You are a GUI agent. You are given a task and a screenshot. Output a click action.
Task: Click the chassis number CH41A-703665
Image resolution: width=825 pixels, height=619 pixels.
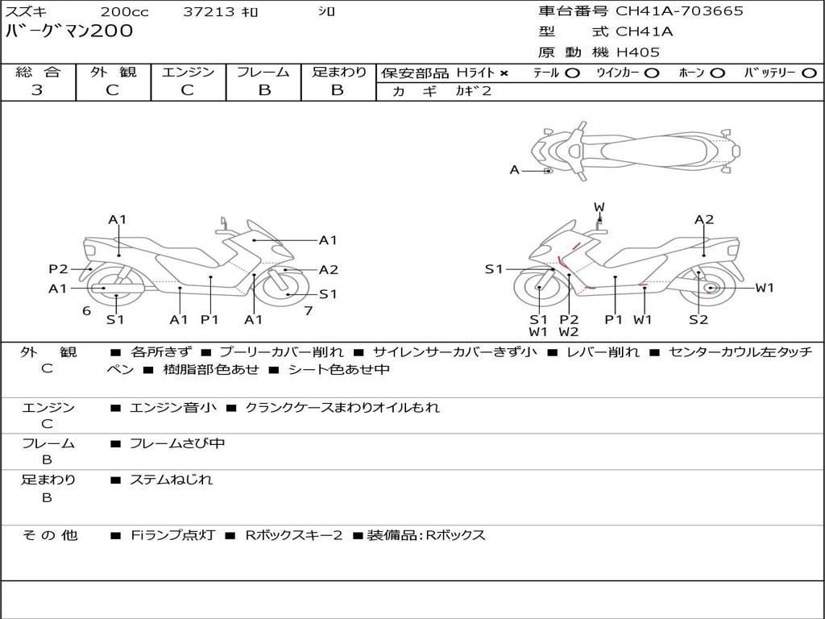click(x=679, y=10)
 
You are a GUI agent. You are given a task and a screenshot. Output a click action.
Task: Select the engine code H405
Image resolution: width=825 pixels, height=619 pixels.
click(x=638, y=52)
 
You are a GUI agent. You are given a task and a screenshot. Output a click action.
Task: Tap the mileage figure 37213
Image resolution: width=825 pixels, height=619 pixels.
click(x=209, y=11)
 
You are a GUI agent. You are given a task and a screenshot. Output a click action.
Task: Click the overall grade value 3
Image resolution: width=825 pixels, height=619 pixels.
click(x=37, y=90)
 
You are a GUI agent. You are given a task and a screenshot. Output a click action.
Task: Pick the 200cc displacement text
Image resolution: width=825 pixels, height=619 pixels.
click(x=125, y=11)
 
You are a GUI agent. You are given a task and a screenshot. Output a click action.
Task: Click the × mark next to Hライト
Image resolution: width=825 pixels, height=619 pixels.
click(x=504, y=73)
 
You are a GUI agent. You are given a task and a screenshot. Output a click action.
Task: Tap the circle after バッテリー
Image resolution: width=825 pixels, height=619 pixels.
click(x=809, y=73)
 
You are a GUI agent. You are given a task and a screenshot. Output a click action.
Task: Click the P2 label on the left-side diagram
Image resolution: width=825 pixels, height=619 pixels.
click(x=58, y=269)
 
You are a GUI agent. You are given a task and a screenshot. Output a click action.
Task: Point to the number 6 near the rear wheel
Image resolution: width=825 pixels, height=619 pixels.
click(x=87, y=311)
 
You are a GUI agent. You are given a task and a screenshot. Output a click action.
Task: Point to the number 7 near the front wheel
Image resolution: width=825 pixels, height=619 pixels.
click(x=309, y=311)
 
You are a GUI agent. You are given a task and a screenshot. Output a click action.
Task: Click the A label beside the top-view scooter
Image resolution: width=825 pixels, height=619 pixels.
click(x=515, y=170)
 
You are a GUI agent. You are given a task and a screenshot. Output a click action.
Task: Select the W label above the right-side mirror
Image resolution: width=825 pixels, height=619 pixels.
click(x=599, y=207)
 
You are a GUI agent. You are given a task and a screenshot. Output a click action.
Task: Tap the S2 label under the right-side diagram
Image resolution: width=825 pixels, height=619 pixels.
click(x=699, y=319)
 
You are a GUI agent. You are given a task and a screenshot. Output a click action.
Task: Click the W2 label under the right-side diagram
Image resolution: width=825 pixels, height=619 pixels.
click(x=569, y=332)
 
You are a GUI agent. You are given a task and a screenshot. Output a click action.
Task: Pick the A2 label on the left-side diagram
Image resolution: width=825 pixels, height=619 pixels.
click(x=329, y=270)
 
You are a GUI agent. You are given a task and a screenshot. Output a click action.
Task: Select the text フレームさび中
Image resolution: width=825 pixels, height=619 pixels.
click(x=177, y=444)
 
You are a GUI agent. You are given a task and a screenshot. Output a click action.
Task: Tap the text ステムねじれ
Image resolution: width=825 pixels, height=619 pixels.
click(x=171, y=480)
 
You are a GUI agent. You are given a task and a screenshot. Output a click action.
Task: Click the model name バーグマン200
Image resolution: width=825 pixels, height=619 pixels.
click(x=69, y=31)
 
